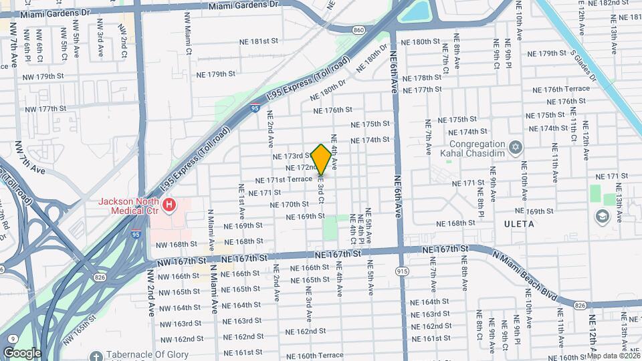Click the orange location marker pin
point(321,160)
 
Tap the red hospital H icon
point(170,204)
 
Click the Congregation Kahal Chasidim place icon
point(515,147)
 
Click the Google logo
point(21,352)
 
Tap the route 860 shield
point(359,30)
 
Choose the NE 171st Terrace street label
point(285,180)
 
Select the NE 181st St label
point(258,41)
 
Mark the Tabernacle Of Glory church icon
point(96,355)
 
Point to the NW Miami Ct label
point(189,40)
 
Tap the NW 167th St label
point(180,260)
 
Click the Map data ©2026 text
point(613,356)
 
